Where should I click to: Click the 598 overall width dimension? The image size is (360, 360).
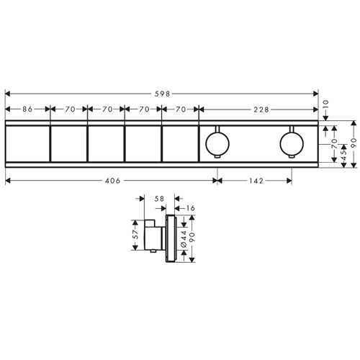(x=162, y=94)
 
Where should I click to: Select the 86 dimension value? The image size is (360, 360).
(x=27, y=109)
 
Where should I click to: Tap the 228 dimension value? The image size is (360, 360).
(x=261, y=109)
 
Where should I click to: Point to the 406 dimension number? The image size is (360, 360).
(x=112, y=181)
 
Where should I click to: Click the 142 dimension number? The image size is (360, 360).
(x=256, y=181)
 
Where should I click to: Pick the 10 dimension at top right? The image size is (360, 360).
(x=325, y=105)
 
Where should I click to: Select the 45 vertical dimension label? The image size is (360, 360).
(x=343, y=155)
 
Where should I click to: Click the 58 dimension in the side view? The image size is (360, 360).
(x=159, y=199)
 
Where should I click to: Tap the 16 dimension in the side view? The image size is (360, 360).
(x=191, y=208)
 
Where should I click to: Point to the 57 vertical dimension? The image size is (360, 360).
(x=135, y=235)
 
